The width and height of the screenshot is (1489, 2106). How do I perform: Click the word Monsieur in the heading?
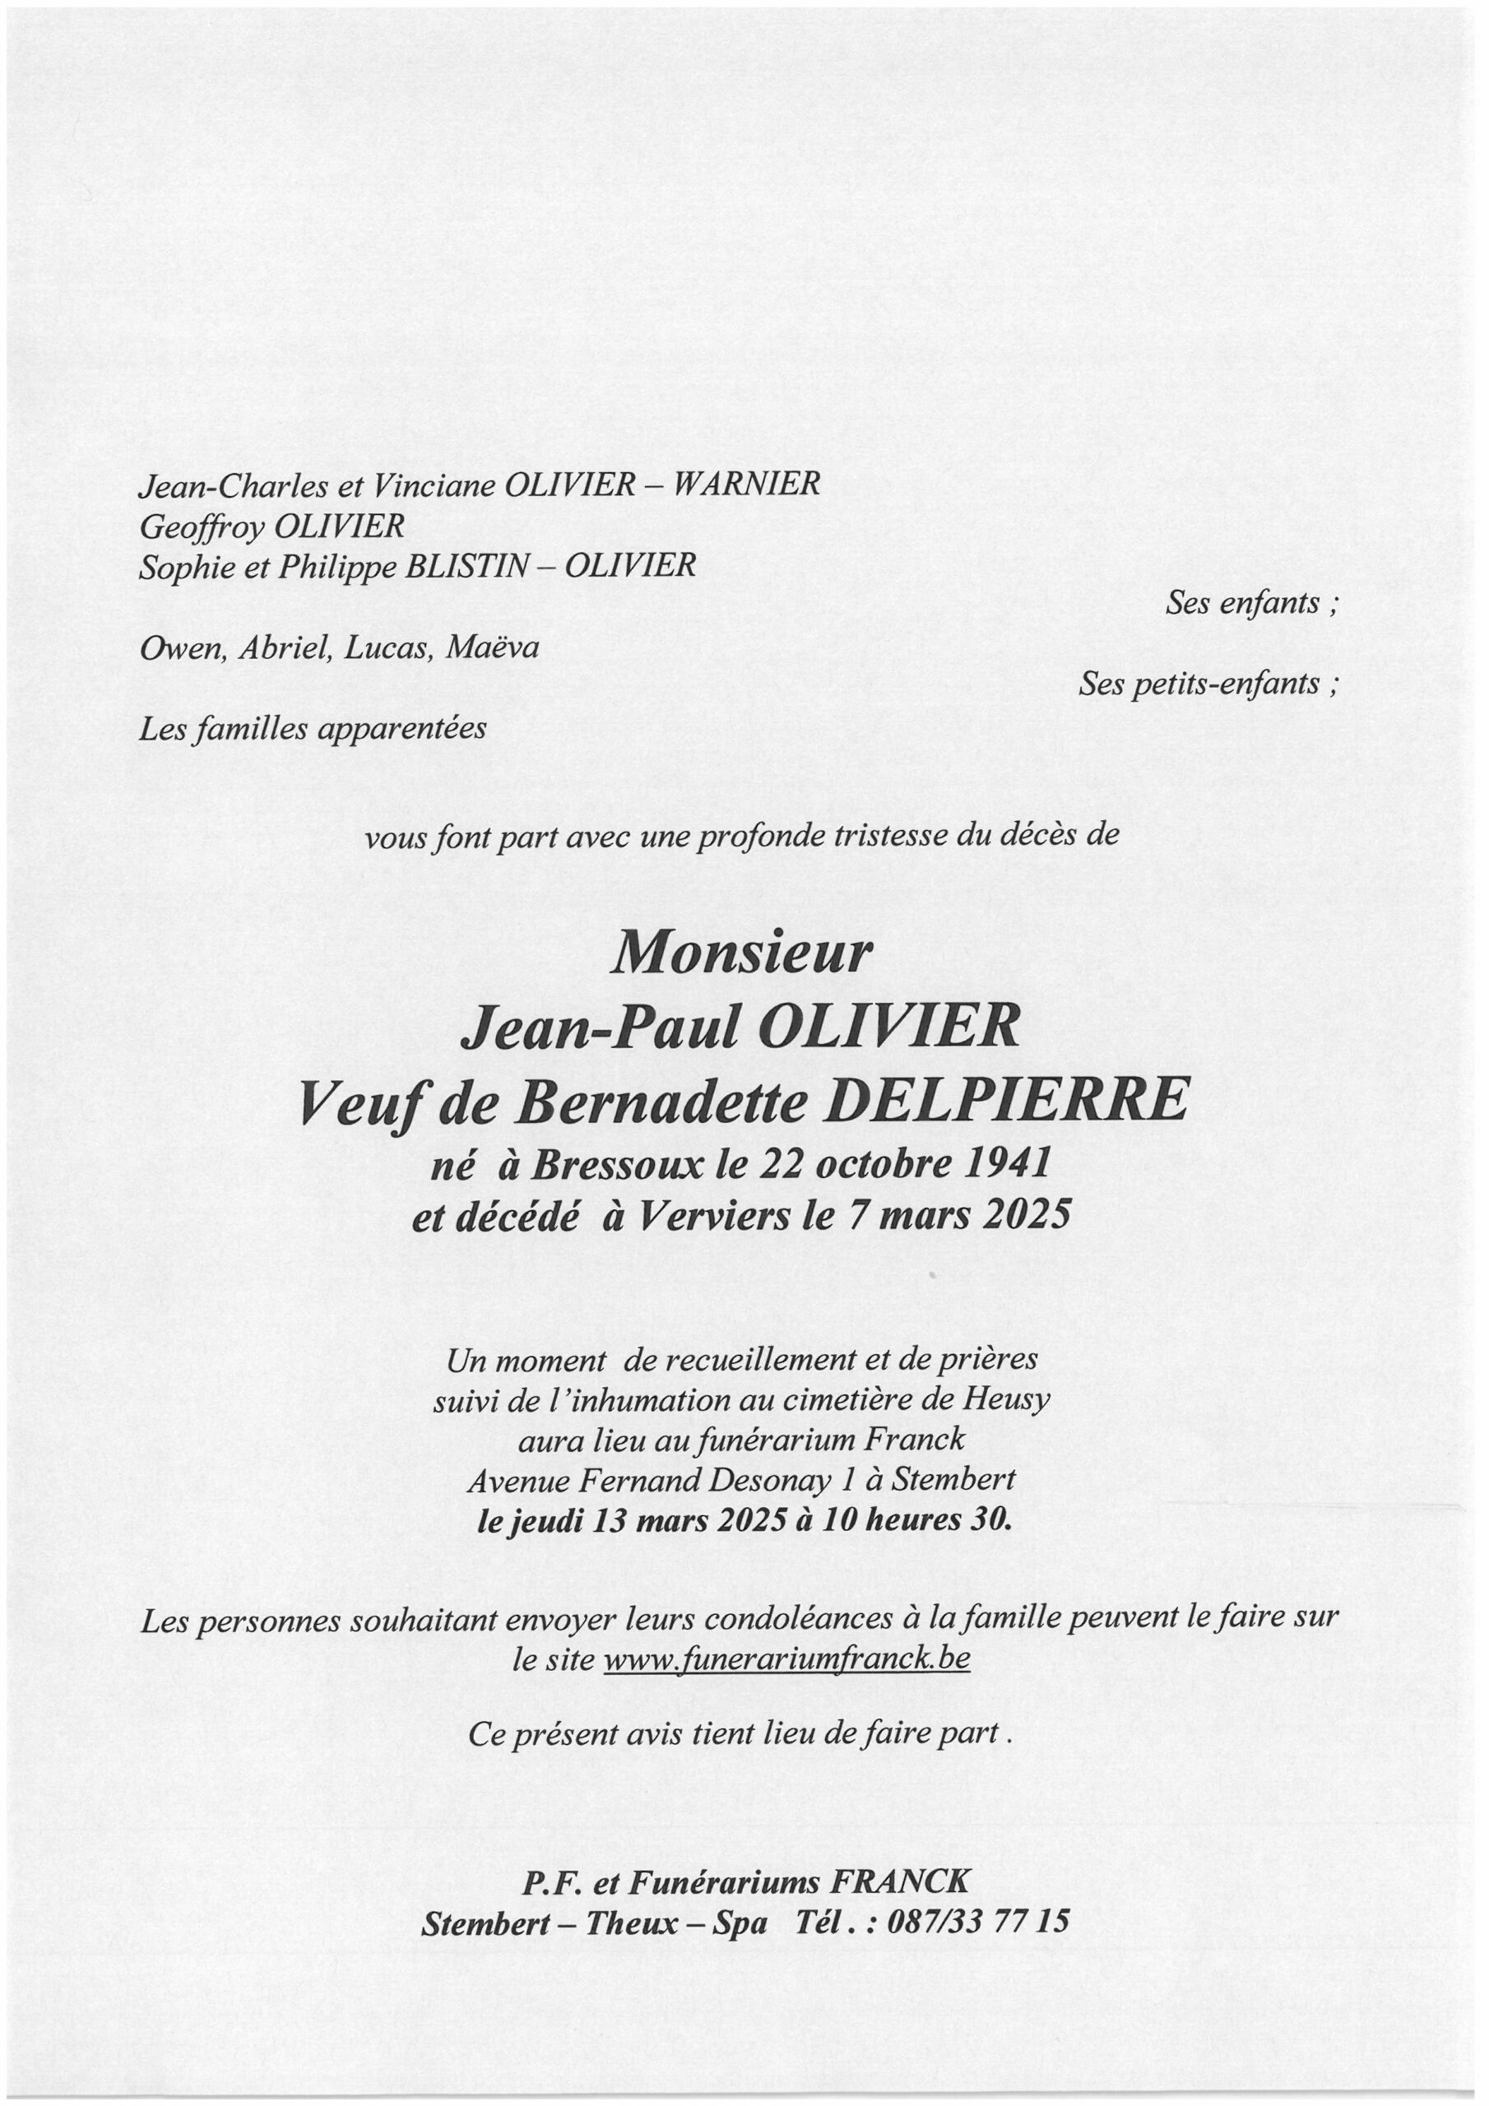click(741, 955)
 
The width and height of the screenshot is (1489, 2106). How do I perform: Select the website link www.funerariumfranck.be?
click(786, 1661)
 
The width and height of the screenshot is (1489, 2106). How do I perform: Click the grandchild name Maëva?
click(493, 647)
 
